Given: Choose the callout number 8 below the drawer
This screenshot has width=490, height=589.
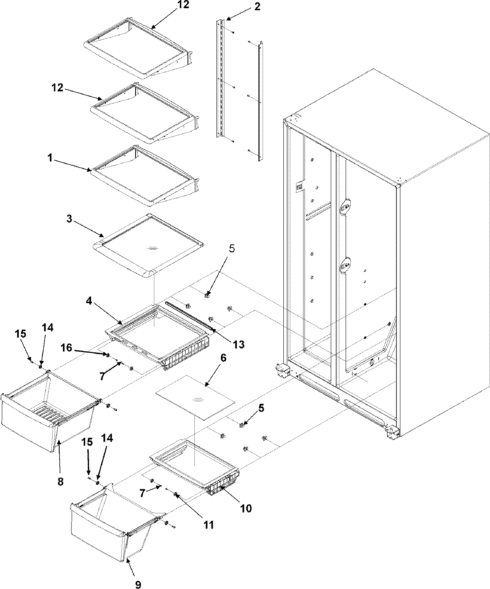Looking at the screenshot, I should [60, 482].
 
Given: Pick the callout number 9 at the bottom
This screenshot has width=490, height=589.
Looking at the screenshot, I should [138, 585].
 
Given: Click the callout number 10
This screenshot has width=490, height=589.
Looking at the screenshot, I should [246, 508].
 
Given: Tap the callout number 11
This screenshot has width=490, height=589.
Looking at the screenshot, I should [209, 524].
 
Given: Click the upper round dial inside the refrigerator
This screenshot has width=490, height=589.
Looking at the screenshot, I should [345, 206].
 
